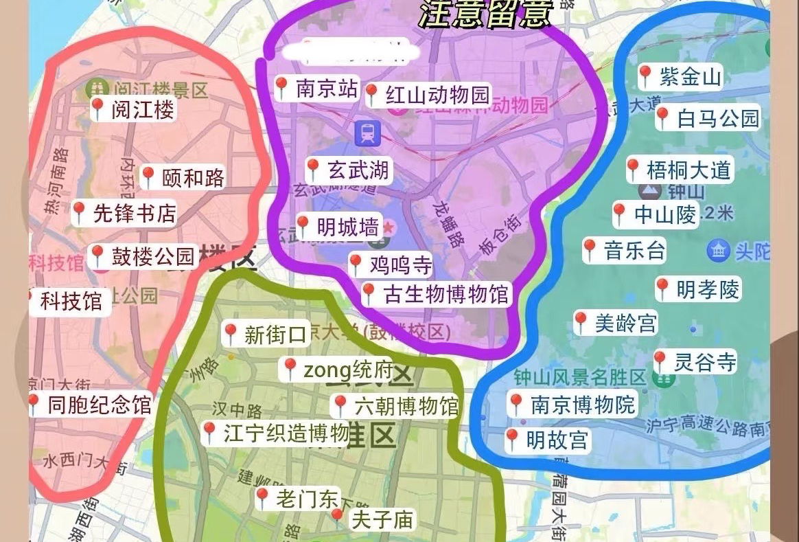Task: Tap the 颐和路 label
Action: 193,178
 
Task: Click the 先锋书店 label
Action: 134,214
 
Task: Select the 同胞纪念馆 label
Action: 98,405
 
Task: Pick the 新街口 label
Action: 274,335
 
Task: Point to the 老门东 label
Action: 307,499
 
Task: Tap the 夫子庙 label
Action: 382,520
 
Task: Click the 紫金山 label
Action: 690,76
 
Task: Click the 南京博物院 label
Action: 583,405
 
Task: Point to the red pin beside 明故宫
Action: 511,439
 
